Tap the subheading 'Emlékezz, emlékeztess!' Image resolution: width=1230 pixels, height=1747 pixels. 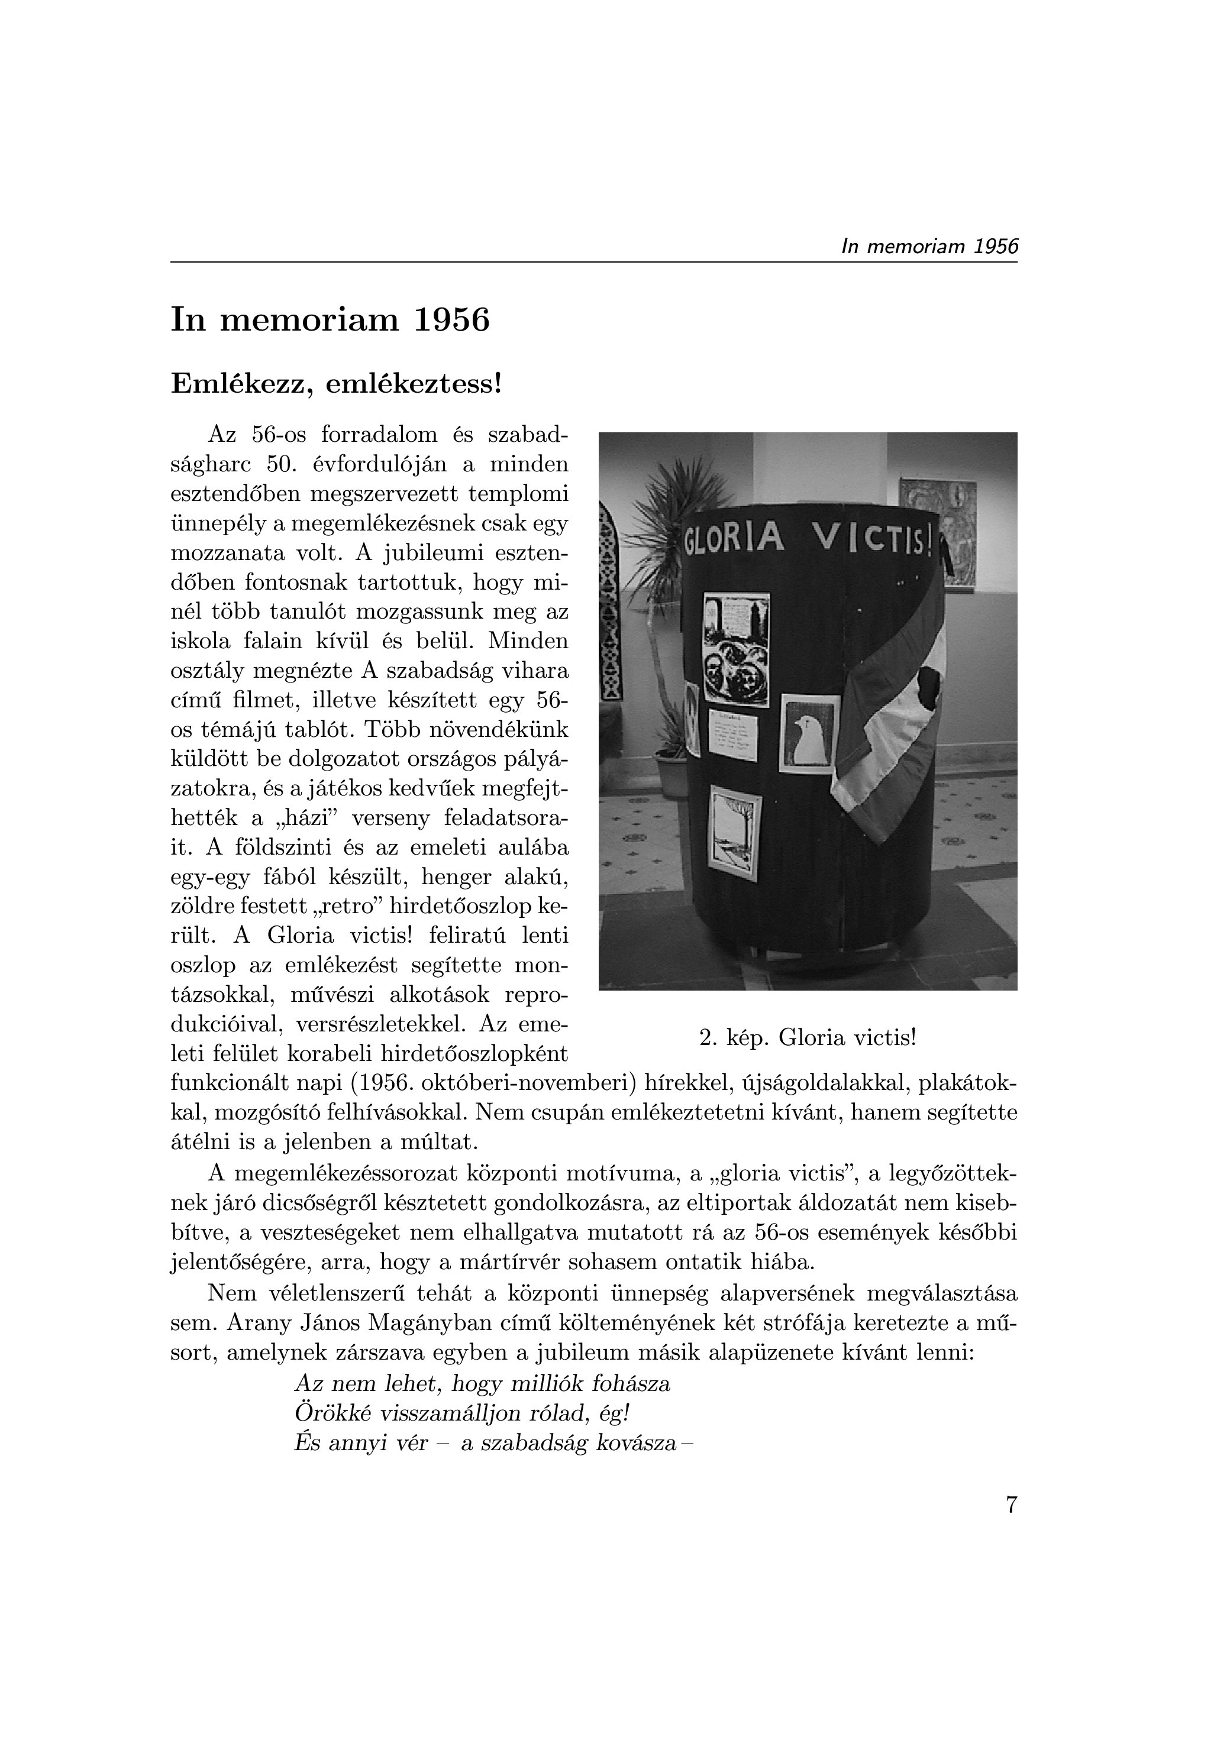coord(337,383)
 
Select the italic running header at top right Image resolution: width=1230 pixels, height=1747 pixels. coord(929,247)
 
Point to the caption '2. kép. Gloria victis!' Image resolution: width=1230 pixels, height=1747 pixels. coord(808,1037)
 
